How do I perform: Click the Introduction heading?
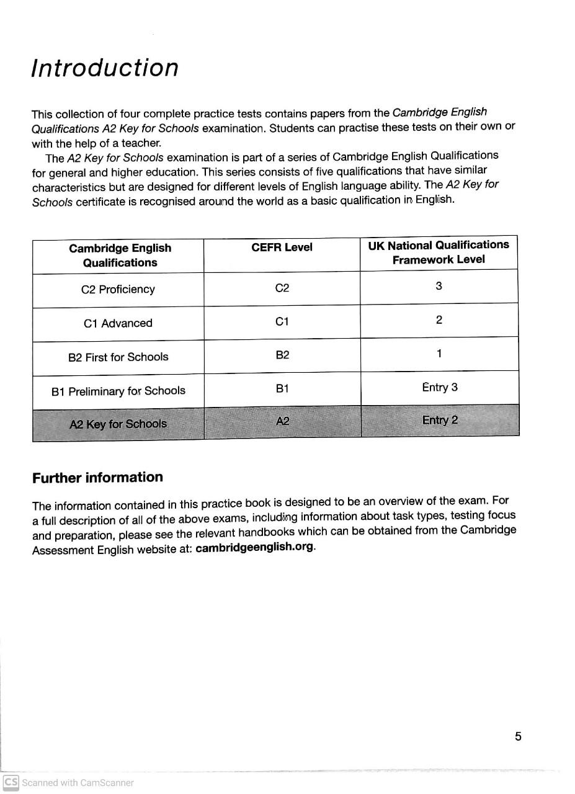(x=105, y=68)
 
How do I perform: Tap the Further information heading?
(x=97, y=478)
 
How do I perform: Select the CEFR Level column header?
(x=282, y=248)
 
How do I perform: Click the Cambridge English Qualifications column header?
(x=120, y=255)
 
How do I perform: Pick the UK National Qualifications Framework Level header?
(x=439, y=252)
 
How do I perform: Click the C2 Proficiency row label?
(x=118, y=290)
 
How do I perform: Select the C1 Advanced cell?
(x=118, y=323)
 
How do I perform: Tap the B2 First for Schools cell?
(x=118, y=357)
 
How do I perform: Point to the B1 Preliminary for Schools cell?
(x=118, y=391)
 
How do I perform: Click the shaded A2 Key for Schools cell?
(x=118, y=424)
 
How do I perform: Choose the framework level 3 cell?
(x=439, y=286)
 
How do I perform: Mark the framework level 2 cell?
(x=439, y=320)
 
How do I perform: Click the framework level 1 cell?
(x=439, y=354)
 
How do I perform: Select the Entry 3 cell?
(x=439, y=388)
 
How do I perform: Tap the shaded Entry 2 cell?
(x=440, y=421)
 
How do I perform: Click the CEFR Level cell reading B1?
(x=282, y=388)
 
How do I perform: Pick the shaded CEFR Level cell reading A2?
(x=282, y=422)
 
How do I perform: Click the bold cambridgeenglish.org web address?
(x=254, y=548)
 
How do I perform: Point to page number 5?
(x=518, y=736)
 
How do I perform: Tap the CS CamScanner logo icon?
(x=11, y=782)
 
